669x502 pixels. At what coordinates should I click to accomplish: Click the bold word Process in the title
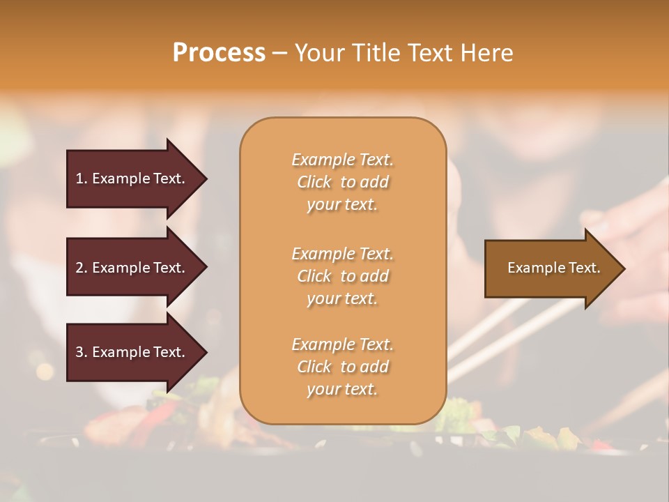click(219, 53)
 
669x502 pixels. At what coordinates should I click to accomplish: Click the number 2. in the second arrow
click(82, 268)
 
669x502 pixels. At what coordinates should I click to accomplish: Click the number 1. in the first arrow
click(82, 178)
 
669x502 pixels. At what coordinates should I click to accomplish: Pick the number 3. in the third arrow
click(82, 352)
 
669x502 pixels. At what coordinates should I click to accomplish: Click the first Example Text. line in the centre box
click(342, 160)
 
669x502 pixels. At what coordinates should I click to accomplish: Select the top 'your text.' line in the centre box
click(342, 204)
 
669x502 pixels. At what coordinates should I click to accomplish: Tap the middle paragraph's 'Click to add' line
click(342, 276)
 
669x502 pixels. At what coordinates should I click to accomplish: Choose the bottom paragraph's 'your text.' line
click(342, 389)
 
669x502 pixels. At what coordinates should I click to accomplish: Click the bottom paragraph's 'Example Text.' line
click(342, 344)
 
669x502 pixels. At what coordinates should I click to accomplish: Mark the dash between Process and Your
click(280, 54)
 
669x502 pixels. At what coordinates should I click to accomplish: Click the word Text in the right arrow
click(584, 268)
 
